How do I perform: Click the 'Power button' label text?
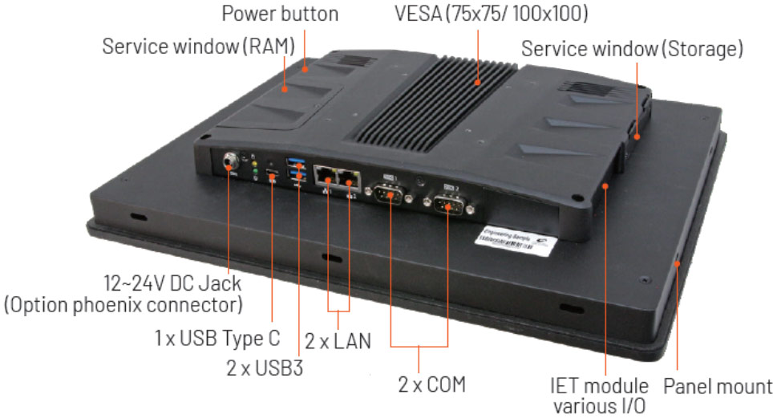[279, 14]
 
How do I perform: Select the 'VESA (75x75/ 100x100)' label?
[492, 14]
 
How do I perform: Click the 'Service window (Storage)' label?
[632, 48]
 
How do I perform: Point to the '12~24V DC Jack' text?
[172, 284]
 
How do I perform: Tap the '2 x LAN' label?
[338, 340]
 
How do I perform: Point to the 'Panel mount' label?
[718, 386]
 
